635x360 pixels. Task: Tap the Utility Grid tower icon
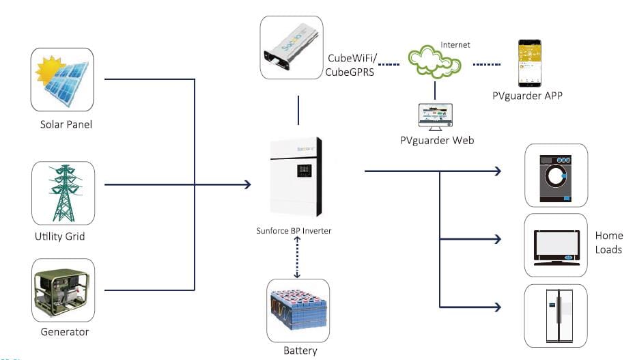point(63,193)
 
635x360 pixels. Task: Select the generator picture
point(63,290)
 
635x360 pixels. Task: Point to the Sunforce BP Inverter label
point(299,231)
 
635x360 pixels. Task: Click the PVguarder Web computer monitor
point(436,118)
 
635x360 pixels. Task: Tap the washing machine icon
point(556,176)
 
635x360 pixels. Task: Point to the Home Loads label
point(608,243)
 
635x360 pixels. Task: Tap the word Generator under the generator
point(64,332)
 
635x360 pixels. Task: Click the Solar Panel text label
point(66,124)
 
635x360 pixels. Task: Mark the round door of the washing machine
point(556,176)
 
